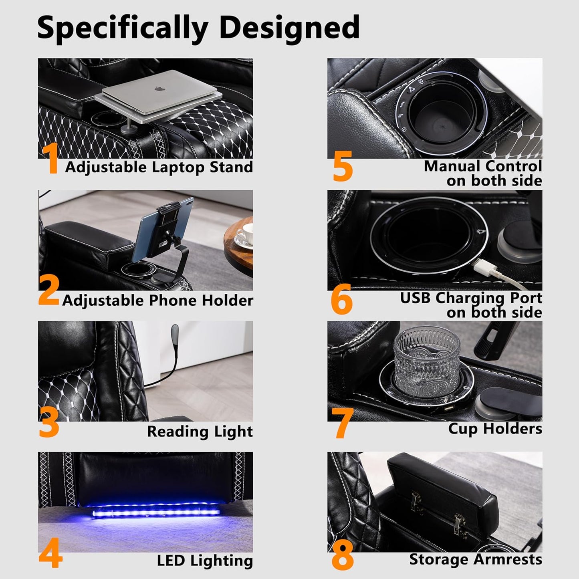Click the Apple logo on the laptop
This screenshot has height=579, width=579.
(x=158, y=89)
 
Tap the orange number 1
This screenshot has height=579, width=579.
(x=50, y=158)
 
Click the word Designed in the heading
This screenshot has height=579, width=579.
(x=289, y=28)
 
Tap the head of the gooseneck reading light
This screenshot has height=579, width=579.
(x=175, y=333)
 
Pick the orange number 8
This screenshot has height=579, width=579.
(x=343, y=557)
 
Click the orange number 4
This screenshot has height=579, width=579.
(x=50, y=557)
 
